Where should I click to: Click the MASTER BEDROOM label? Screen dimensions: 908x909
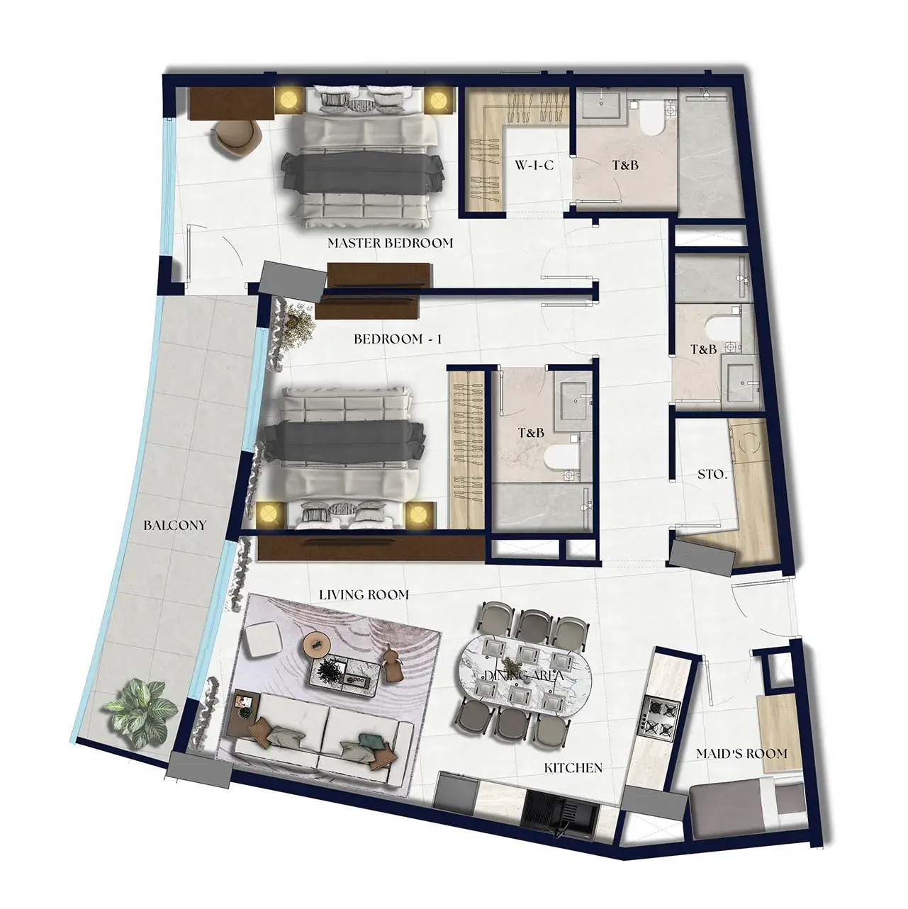point(391,243)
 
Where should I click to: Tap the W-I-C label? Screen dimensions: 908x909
point(534,165)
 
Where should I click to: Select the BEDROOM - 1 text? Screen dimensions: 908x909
point(398,339)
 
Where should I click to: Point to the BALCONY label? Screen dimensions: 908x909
point(175,525)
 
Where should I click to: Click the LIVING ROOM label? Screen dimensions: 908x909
point(364,595)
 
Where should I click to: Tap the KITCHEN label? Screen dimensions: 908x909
point(573,768)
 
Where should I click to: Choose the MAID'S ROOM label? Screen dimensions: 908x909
point(742,753)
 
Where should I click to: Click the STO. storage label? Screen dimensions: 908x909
point(712,475)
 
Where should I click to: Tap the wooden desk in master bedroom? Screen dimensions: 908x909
point(232,103)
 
